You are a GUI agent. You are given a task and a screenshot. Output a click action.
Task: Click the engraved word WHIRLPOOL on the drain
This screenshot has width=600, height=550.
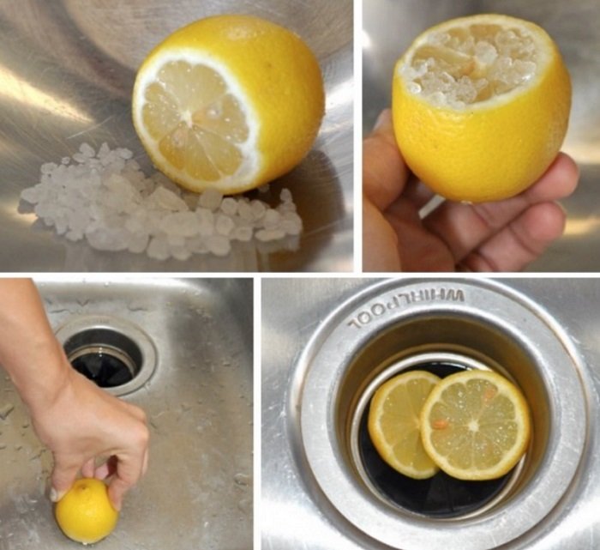pos(405,309)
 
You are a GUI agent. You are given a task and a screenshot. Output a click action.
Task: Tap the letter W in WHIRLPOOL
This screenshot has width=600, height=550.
pos(455,295)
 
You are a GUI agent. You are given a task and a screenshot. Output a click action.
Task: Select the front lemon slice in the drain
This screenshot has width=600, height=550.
pos(476,425)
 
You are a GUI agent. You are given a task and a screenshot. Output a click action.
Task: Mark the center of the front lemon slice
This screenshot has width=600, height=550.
pos(475,425)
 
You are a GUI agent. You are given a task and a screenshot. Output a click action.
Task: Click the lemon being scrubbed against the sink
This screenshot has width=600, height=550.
pos(87,511)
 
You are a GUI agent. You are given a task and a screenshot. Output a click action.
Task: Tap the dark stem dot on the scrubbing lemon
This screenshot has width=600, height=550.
pos(82,487)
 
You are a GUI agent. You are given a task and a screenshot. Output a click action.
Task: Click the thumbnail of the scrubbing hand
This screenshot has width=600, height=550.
pos(56,494)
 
